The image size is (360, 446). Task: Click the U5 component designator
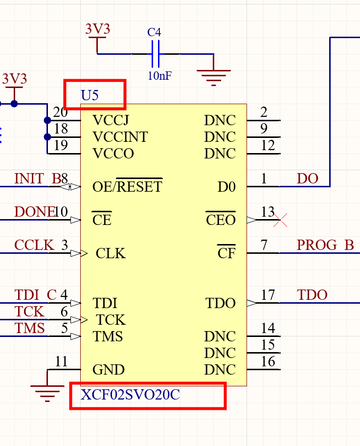tap(90, 95)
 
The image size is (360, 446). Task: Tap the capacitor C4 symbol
tap(155, 54)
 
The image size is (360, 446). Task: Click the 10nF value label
tap(159, 76)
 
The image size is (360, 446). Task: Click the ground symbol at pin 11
tap(47, 389)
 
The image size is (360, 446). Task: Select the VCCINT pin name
tap(120, 137)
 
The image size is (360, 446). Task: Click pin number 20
tap(61, 112)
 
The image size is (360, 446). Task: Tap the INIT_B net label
tap(37, 179)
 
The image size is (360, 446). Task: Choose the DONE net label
tap(34, 212)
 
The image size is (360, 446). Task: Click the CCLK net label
tap(34, 245)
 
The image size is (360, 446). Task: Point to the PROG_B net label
tap(325, 245)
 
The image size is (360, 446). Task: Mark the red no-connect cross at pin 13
tap(280, 220)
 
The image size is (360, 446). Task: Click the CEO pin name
tap(221, 221)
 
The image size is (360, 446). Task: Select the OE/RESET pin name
tap(127, 187)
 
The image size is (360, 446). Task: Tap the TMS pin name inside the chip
tap(108, 336)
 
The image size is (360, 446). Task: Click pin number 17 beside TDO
tap(268, 295)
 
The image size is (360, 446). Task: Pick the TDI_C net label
tap(36, 295)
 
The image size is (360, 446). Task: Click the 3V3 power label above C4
tap(97, 29)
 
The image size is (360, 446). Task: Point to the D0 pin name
tap(226, 187)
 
